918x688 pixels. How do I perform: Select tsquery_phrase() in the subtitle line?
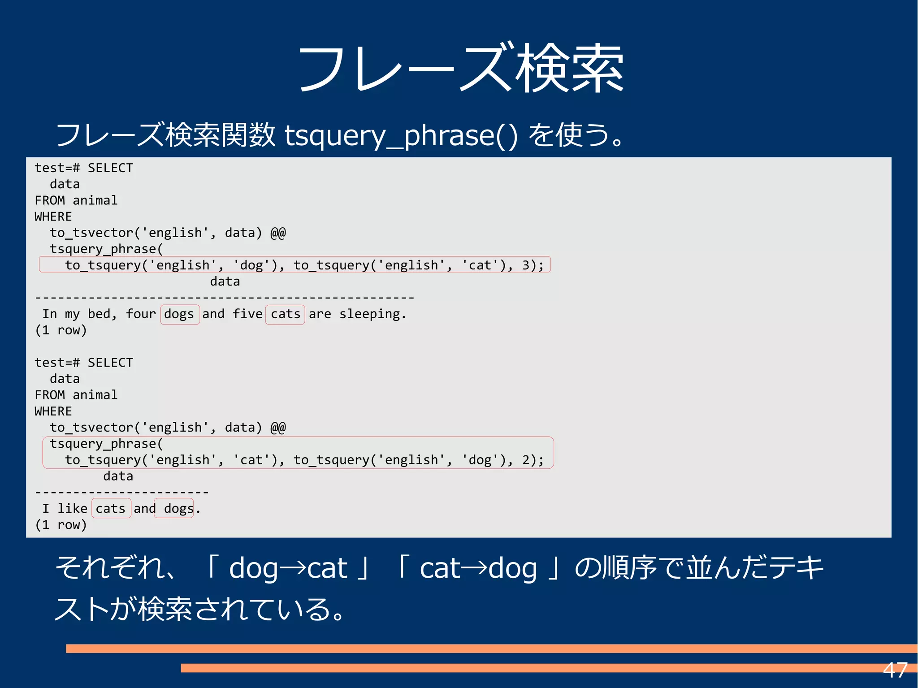401,135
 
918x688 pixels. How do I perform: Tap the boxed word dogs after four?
179,314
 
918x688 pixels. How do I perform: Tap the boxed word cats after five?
285,314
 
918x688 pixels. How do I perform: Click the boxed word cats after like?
111,509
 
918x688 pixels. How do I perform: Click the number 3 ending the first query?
526,265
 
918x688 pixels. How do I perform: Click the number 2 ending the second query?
526,460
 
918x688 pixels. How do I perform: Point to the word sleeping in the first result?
369,314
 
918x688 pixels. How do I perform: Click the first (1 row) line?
61,330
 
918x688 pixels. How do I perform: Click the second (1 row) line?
61,525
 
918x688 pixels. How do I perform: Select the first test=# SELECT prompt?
84,168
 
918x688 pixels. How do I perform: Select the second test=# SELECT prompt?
84,363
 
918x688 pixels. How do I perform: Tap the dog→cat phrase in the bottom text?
288,568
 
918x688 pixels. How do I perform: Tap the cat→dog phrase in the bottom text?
478,568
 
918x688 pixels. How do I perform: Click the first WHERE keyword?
53,217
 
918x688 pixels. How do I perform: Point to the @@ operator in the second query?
278,428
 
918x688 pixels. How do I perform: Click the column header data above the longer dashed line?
225,281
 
